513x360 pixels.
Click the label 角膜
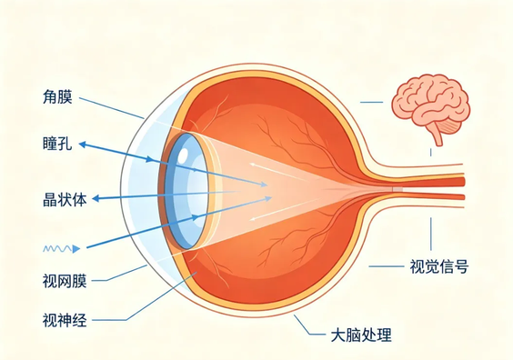pyautogui.click(x=57, y=97)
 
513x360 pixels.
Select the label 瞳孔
pyautogui.click(x=57, y=144)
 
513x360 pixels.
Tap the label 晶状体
pyautogui.click(x=65, y=200)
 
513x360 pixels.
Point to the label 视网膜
pyautogui.click(x=65, y=281)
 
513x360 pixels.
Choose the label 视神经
pyautogui.click(x=65, y=320)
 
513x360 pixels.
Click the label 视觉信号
pyautogui.click(x=439, y=266)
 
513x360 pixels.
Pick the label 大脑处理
pyautogui.click(x=361, y=335)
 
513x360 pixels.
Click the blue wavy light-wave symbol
pyautogui.click(x=62, y=249)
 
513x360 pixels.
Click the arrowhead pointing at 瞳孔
pyautogui.click(x=83, y=145)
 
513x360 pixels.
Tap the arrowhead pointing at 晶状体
pyautogui.click(x=96, y=198)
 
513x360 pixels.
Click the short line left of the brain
pyautogui.click(x=371, y=103)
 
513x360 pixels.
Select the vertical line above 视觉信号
pyautogui.click(x=430, y=234)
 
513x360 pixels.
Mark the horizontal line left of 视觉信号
pyautogui.click(x=387, y=266)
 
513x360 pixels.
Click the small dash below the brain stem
pyautogui.click(x=430, y=152)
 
